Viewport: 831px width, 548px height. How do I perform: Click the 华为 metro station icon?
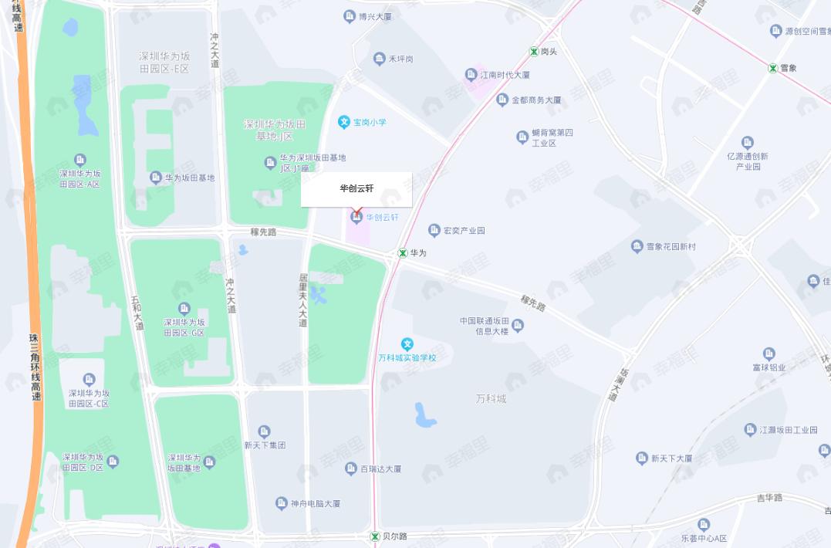pos(402,252)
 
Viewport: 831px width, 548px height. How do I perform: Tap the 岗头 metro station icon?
pos(533,52)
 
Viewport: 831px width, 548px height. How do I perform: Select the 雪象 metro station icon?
pos(772,68)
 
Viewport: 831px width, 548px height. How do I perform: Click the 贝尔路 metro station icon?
pos(374,536)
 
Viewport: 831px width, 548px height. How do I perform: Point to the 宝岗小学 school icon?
pos(344,122)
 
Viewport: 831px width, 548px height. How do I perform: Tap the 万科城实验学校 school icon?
pos(407,344)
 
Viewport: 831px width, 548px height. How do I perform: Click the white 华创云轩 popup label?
pos(356,189)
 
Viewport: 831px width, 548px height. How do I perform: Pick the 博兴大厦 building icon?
pos(350,15)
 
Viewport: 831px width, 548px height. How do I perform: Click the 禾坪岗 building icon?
pos(379,59)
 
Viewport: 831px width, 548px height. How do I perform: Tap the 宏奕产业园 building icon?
pos(434,230)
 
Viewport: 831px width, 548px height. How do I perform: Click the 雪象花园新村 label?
pos(671,247)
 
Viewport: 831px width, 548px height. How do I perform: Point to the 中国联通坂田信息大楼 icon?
pos(518,326)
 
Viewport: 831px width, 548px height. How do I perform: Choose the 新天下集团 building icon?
pos(264,431)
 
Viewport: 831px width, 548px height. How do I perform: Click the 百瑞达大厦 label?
pos(381,469)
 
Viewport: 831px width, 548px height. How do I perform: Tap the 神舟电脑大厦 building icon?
pos(281,503)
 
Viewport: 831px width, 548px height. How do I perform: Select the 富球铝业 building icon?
pos(769,354)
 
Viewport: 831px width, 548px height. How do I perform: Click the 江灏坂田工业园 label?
pos(788,430)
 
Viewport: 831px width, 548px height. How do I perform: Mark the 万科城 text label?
pos(491,399)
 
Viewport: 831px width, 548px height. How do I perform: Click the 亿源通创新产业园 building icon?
pos(747,142)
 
